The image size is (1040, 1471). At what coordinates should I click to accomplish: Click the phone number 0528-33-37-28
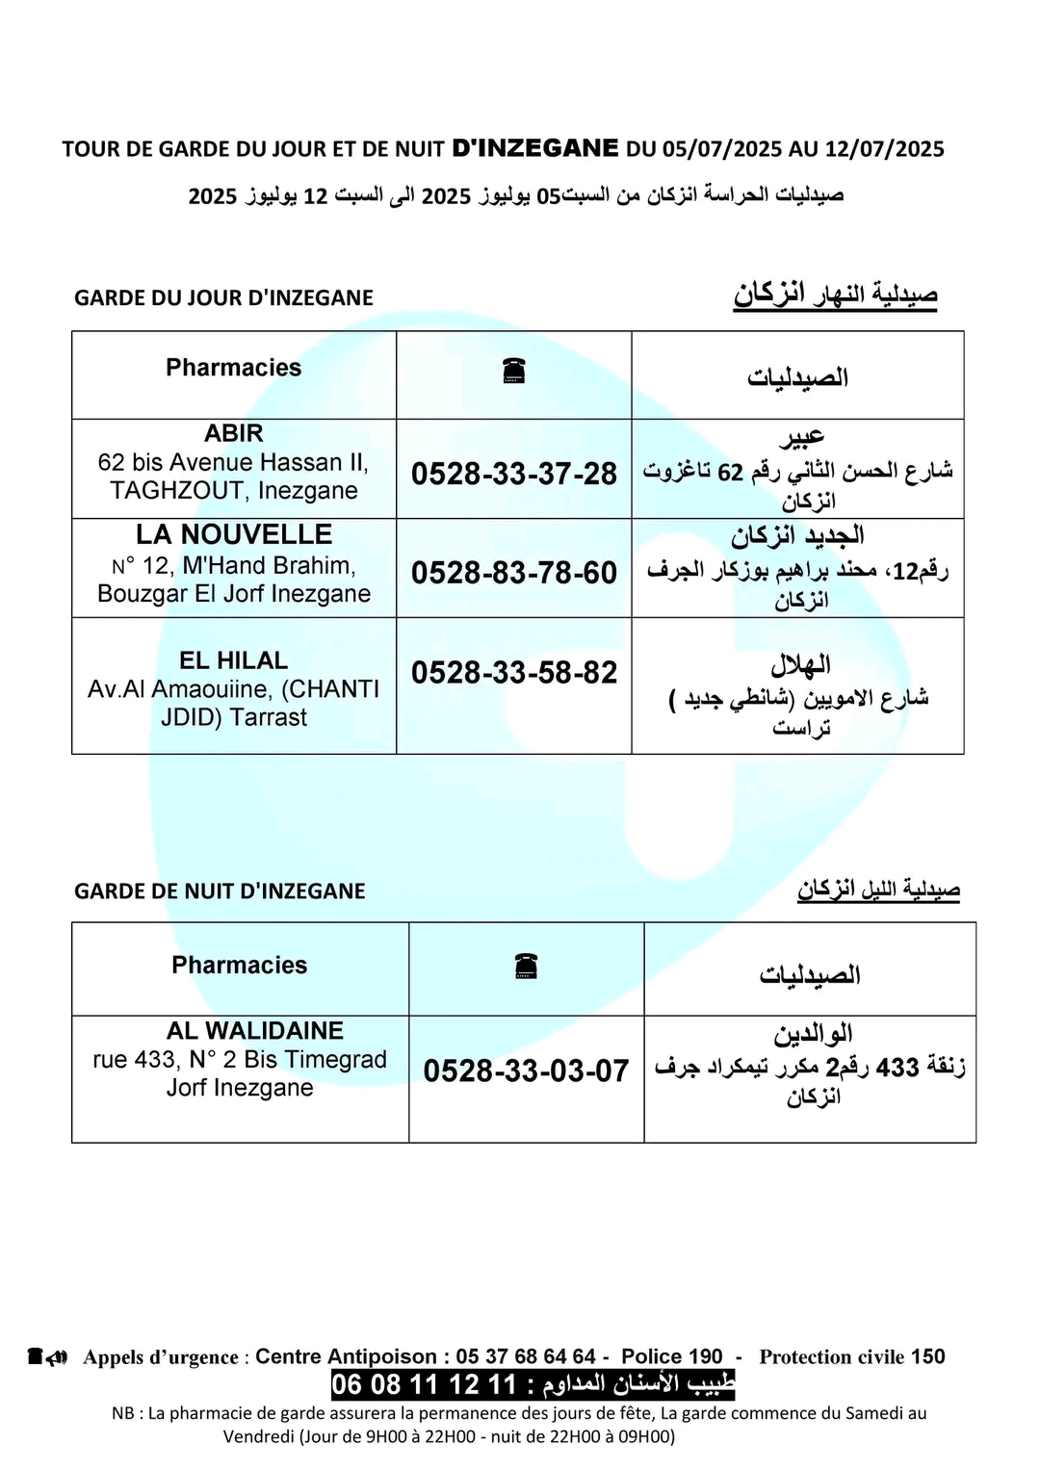[513, 474]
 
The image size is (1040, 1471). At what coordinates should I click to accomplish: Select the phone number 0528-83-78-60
[513, 573]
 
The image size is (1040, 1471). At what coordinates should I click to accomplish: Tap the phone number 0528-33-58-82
[513, 672]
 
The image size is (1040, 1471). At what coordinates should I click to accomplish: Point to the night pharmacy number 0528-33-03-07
[526, 1071]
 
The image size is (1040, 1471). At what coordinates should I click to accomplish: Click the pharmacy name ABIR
[233, 433]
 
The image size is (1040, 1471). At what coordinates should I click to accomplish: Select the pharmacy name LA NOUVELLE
[233, 534]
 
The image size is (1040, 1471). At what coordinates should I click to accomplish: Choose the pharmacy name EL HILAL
[233, 660]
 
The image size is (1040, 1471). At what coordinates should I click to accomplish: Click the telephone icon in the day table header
[513, 371]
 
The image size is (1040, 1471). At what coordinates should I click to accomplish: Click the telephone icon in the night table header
[526, 966]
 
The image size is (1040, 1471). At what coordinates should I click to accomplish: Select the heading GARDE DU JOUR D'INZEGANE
[223, 298]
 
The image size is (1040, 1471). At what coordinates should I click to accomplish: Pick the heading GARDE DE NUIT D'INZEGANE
[220, 891]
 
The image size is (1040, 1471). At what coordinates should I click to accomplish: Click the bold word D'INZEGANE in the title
[535, 148]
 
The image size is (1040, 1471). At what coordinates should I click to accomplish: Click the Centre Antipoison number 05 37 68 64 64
[526, 1356]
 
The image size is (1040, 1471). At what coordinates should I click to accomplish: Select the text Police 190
[671, 1356]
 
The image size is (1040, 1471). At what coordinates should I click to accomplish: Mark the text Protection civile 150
[851, 1356]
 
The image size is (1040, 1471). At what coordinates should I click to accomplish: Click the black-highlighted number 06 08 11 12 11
[425, 1384]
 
